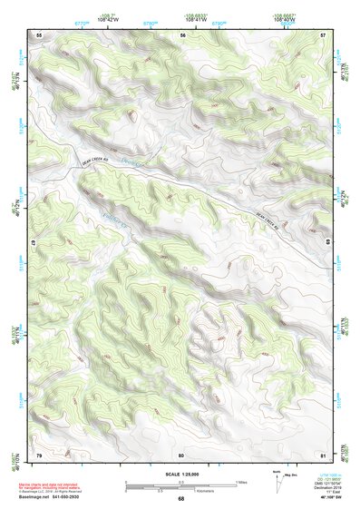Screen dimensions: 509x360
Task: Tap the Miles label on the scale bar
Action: [243, 481]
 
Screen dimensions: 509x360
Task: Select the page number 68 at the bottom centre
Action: [181, 499]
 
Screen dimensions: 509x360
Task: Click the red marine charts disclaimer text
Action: [56, 483]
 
